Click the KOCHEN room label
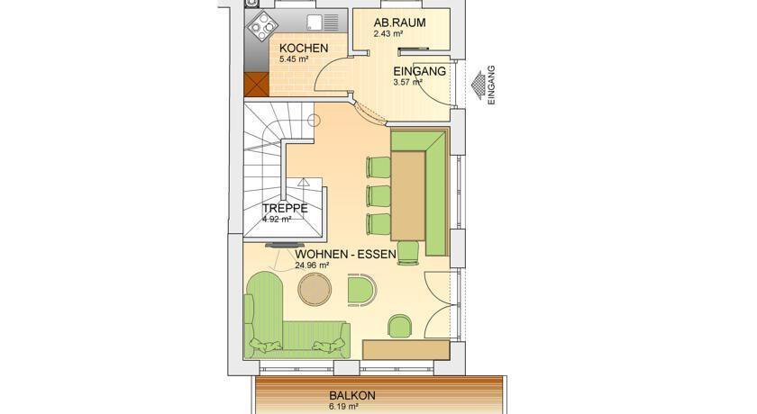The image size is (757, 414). (x=304, y=49)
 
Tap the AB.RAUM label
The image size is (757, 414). (x=400, y=22)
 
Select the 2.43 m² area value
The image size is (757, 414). (x=388, y=33)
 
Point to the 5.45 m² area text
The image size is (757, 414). (x=294, y=59)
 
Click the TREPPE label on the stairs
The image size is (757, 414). (x=285, y=208)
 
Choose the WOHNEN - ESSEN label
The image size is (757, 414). (x=346, y=254)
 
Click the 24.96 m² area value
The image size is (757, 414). (x=312, y=265)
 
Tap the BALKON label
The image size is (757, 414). (x=352, y=396)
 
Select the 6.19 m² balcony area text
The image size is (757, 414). (x=343, y=407)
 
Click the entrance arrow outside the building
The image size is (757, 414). (x=479, y=86)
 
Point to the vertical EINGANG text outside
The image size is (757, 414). (x=491, y=85)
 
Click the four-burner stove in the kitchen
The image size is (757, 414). (x=263, y=26)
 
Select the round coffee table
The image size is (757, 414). (x=315, y=289)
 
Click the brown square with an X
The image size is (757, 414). (x=256, y=84)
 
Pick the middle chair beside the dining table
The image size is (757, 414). (x=378, y=195)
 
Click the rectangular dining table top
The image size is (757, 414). (x=408, y=195)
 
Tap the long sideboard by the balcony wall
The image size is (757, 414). (x=406, y=349)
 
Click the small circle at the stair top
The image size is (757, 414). (x=314, y=120)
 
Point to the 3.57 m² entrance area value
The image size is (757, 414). (x=408, y=82)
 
